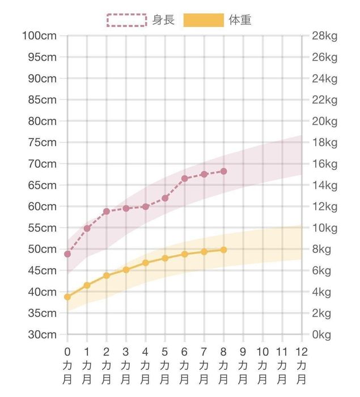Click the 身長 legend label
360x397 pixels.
[163, 20]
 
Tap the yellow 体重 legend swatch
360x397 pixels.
[203, 20]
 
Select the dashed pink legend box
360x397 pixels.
[126, 20]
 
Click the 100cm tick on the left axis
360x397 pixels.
[39, 36]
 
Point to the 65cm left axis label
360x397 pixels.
[43, 185]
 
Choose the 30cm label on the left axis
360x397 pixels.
[43, 335]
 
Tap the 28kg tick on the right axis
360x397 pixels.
[324, 36]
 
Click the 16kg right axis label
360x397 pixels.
[324, 164]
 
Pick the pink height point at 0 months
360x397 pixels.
[67, 254]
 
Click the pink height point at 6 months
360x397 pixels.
[184, 179]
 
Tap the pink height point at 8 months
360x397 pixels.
[223, 171]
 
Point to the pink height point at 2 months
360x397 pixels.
[106, 212]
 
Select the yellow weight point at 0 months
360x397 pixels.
[67, 297]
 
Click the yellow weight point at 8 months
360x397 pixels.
[223, 250]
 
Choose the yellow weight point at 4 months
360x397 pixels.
[145, 263]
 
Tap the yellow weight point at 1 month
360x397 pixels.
[87, 285]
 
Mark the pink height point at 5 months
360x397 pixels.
[165, 198]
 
